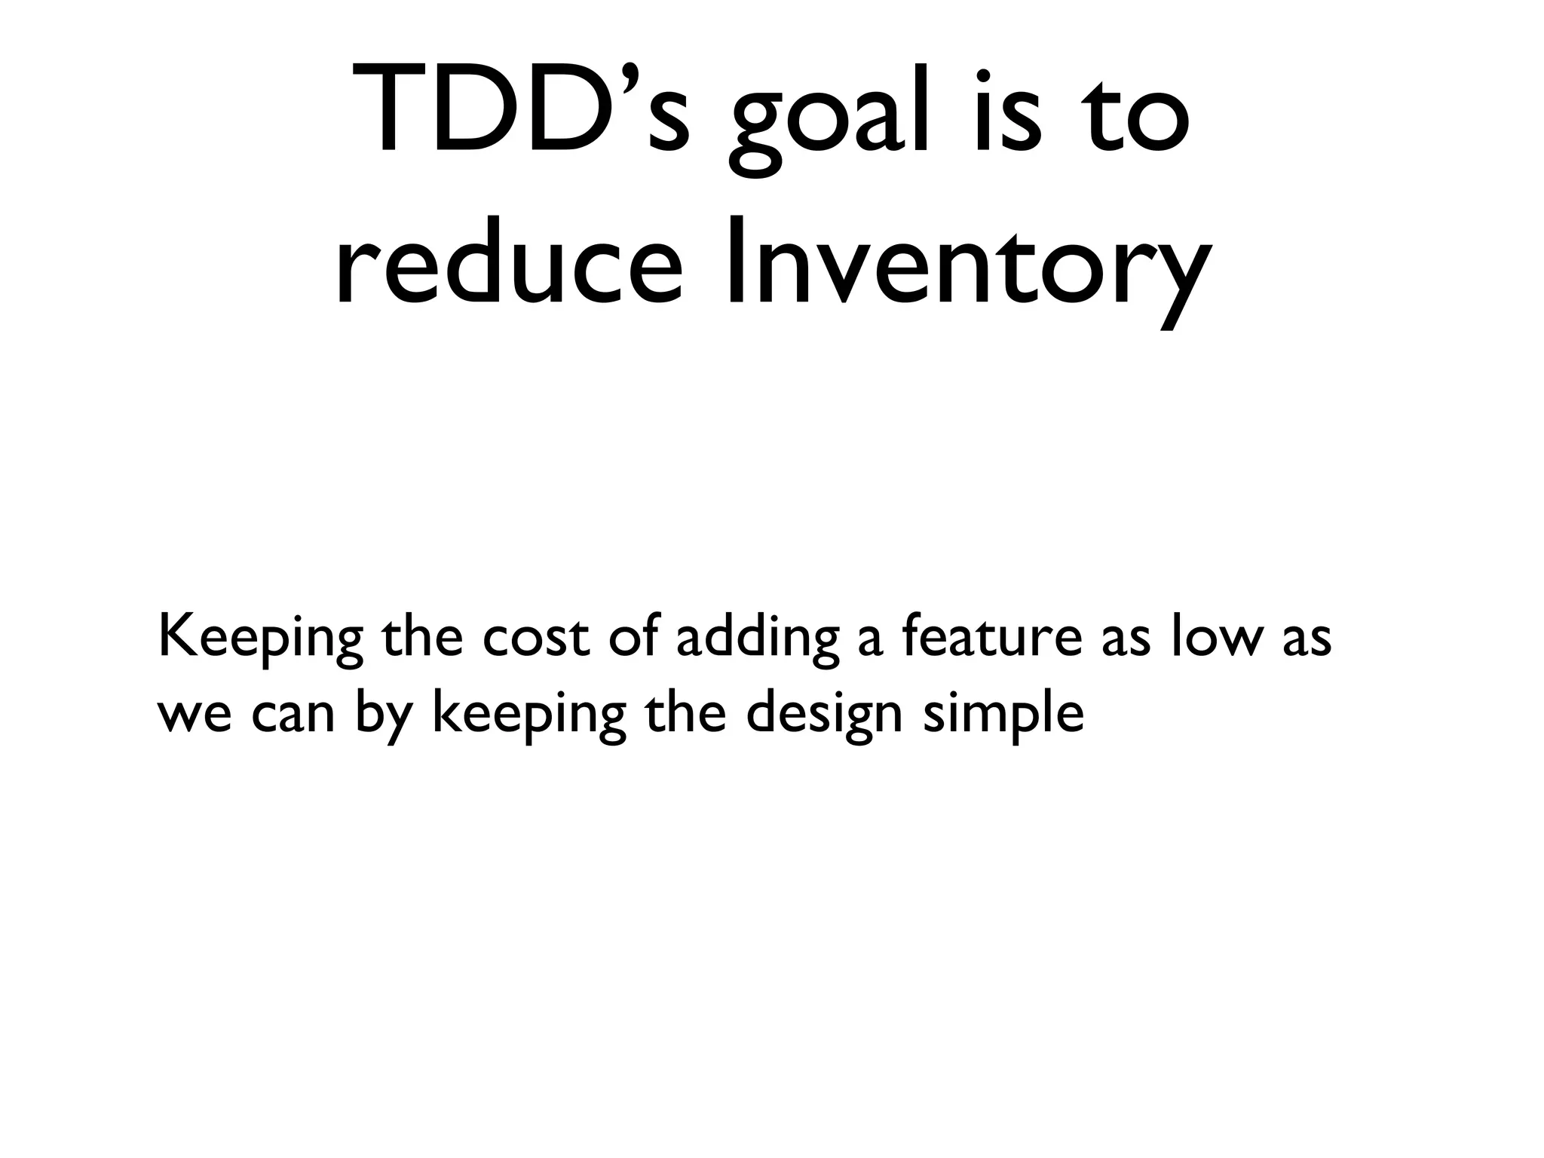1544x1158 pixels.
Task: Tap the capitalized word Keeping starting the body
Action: [260, 638]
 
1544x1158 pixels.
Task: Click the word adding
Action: [757, 638]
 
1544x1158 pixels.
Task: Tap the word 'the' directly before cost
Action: [421, 638]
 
